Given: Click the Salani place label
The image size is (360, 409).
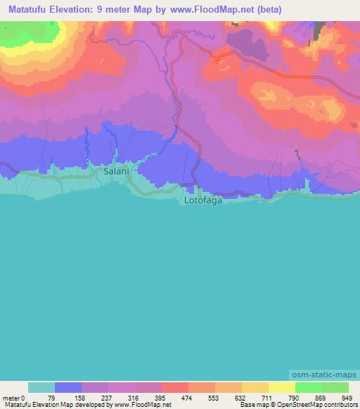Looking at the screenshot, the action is click(115, 171).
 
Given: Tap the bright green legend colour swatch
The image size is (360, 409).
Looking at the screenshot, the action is click(308, 387).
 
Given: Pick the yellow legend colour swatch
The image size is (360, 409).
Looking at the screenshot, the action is click(281, 387).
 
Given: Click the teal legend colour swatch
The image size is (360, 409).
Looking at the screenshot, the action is click(41, 387).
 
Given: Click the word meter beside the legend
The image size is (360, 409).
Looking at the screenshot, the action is click(11, 398).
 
